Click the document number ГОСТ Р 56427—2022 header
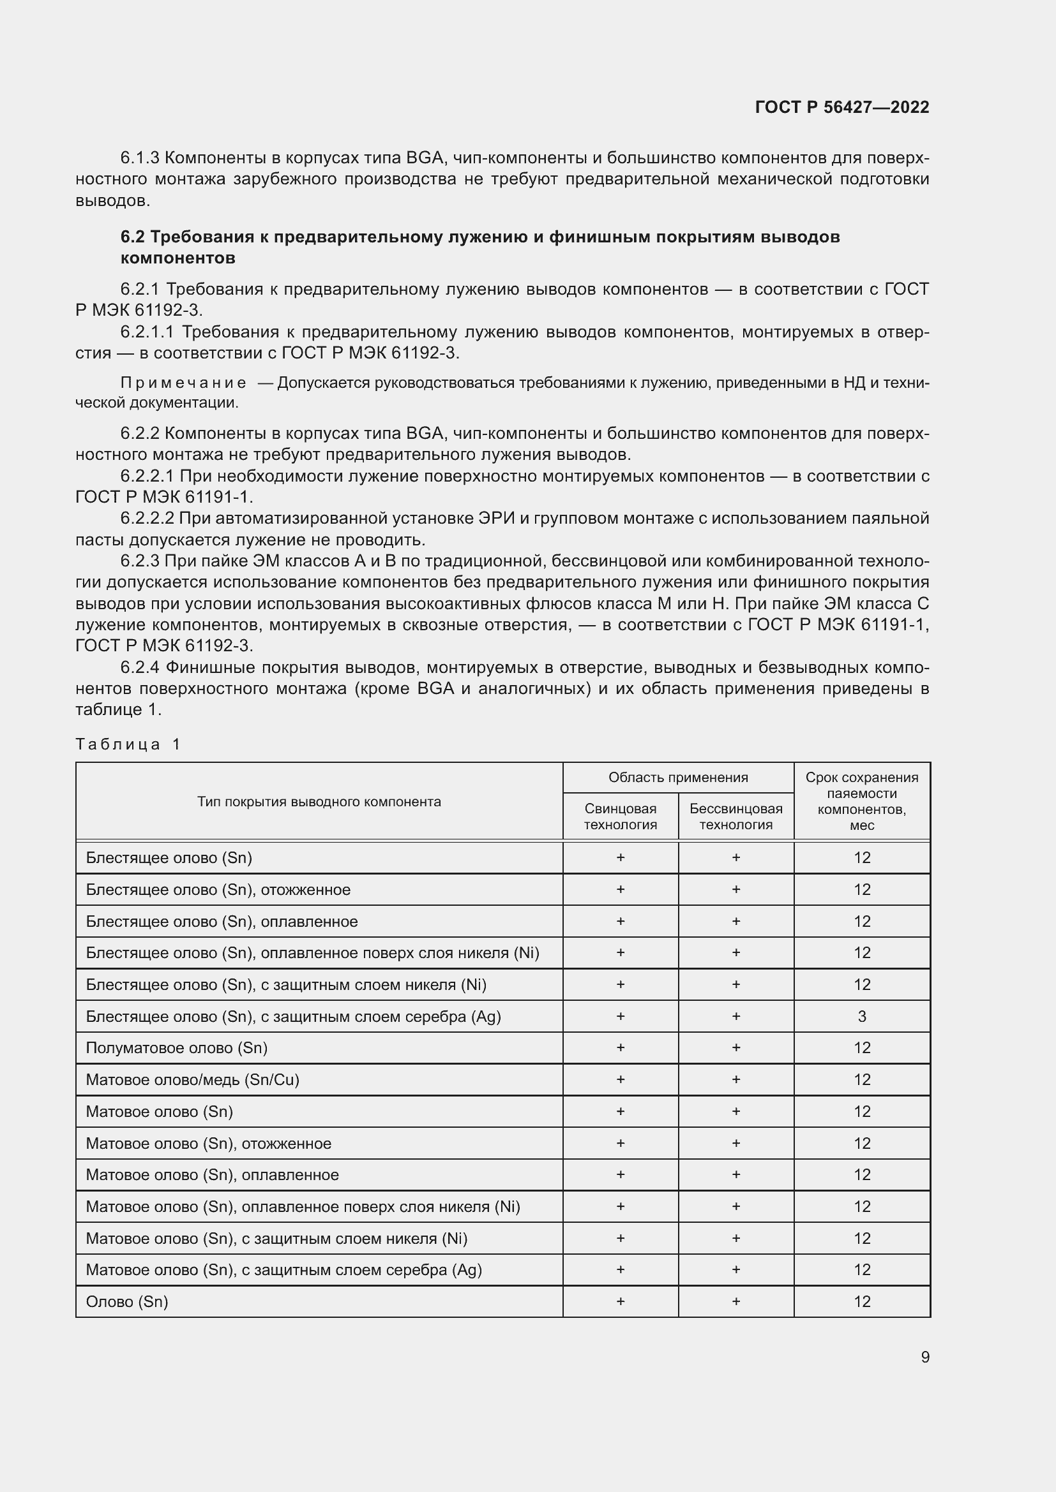pos(841,107)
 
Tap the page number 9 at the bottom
pos(924,1357)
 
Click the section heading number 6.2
pos(132,237)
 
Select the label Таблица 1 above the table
pos(128,744)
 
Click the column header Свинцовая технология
pos(620,816)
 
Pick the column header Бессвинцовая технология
pos(735,816)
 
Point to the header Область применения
pos(677,777)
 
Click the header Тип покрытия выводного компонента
pos(319,801)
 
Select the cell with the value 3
pos(861,1016)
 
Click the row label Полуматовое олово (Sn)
pos(176,1047)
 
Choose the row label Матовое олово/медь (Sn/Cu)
pos(192,1079)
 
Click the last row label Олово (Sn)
pos(127,1302)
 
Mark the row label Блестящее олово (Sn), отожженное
pos(218,890)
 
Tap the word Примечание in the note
pos(183,383)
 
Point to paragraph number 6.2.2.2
pos(147,519)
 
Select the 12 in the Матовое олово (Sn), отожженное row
pos(861,1143)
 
